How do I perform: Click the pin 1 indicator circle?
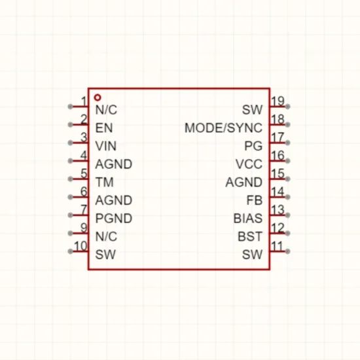click(x=98, y=98)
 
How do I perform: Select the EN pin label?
click(x=104, y=128)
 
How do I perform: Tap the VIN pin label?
click(x=106, y=146)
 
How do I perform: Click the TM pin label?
click(x=105, y=183)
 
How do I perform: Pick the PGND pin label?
click(x=114, y=219)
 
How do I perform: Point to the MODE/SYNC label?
click(x=223, y=128)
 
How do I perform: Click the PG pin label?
click(x=253, y=146)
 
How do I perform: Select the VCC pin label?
click(x=249, y=164)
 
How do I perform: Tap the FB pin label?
click(x=255, y=200)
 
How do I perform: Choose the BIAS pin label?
click(x=248, y=219)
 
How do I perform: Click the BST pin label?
click(x=250, y=236)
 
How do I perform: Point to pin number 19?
click(x=278, y=101)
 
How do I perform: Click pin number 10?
click(x=81, y=246)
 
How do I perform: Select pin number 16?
click(x=278, y=155)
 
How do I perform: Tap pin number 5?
click(x=84, y=173)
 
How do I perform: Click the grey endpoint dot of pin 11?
click(x=287, y=251)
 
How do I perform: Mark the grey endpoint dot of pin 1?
click(x=71, y=107)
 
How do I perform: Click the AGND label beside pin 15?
click(x=244, y=183)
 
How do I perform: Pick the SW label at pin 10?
click(x=105, y=255)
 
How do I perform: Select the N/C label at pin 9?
click(x=106, y=236)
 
